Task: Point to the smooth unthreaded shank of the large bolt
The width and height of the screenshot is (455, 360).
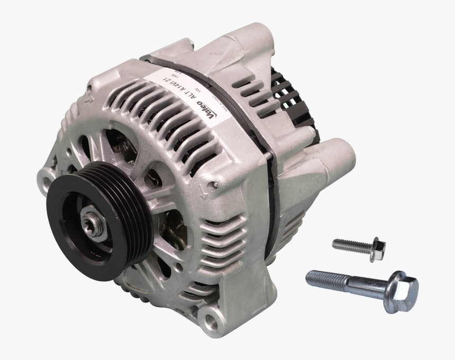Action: [x=360, y=283]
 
